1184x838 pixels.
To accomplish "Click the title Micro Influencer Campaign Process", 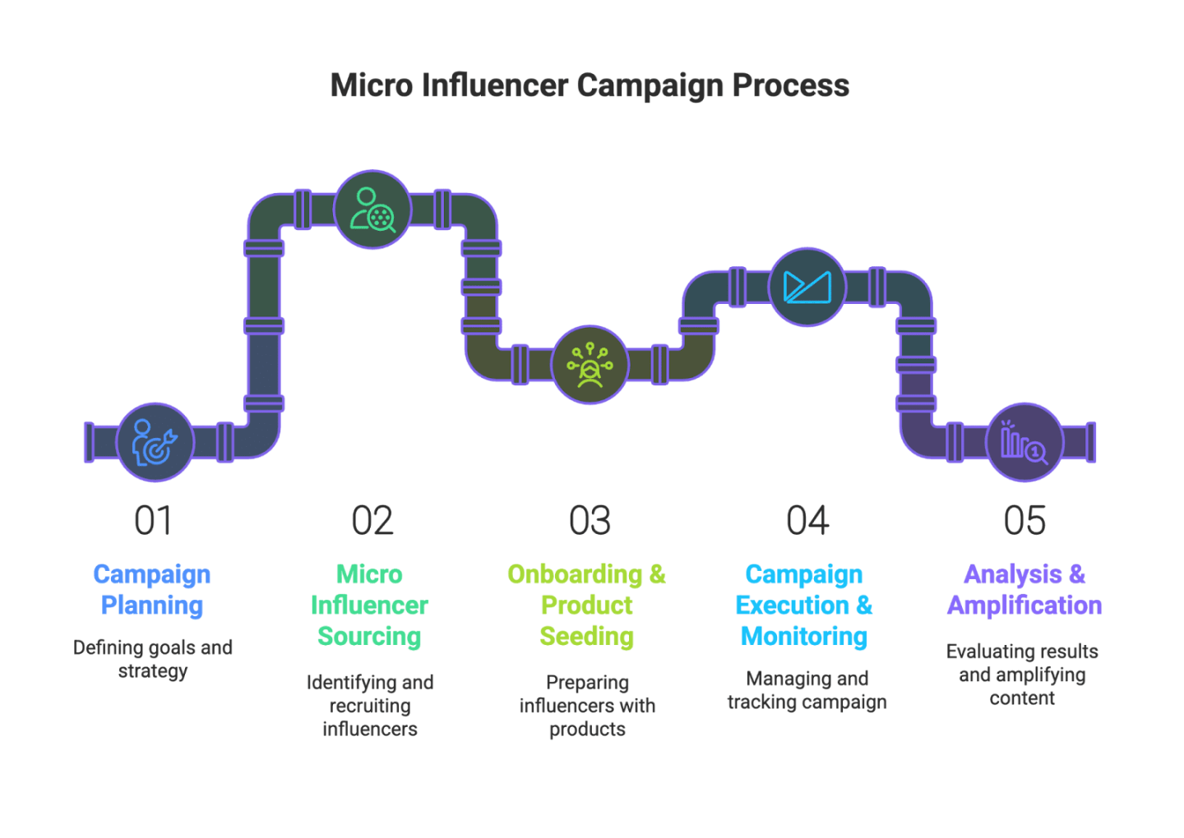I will click(590, 85).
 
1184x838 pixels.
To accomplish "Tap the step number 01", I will click(153, 521).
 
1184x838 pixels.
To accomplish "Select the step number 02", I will click(372, 521).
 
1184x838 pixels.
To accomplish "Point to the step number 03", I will click(590, 521).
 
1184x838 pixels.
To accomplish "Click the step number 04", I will click(807, 521).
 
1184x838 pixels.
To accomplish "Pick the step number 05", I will click(1024, 521).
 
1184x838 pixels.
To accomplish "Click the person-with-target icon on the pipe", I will click(155, 442).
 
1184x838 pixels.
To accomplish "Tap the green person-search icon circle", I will click(372, 209).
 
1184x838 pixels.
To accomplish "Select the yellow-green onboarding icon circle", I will click(590, 365).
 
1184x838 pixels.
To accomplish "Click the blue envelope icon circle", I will click(807, 287).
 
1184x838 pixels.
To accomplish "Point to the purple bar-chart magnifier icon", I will click(1024, 442).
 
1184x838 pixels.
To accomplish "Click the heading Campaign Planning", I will click(152, 590).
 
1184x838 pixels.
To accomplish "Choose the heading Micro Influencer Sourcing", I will click(370, 605).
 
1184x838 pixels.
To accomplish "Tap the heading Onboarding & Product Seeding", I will click(587, 605).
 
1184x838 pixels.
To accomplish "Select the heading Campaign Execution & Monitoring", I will click(804, 605).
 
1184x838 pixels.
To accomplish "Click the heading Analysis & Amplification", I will click(1024, 590).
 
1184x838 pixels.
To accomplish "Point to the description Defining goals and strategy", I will click(153, 659).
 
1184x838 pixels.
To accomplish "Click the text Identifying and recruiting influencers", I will click(370, 706).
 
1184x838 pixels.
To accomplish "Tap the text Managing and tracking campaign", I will click(807, 690).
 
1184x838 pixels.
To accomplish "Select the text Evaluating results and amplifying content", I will click(1022, 675).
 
